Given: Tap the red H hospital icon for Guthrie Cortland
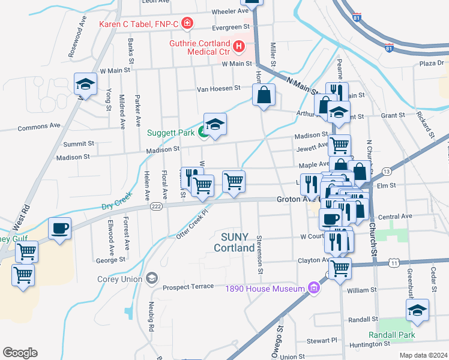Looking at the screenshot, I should pyautogui.click(x=239, y=46).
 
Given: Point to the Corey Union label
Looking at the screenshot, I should pyautogui.click(x=120, y=278).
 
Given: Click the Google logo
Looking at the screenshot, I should pyautogui.click(x=20, y=353).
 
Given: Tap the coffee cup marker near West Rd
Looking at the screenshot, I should pyautogui.click(x=60, y=229).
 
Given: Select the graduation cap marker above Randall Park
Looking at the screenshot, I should pyautogui.click(x=417, y=311).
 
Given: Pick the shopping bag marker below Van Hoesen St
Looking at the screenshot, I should pyautogui.click(x=264, y=95).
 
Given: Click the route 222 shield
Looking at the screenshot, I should pyautogui.click(x=155, y=206).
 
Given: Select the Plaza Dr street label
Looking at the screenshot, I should pyautogui.click(x=431, y=63).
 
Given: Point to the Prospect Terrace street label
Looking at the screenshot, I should pyautogui.click(x=188, y=286).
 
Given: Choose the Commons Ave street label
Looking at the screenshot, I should pyautogui.click(x=39, y=127).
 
